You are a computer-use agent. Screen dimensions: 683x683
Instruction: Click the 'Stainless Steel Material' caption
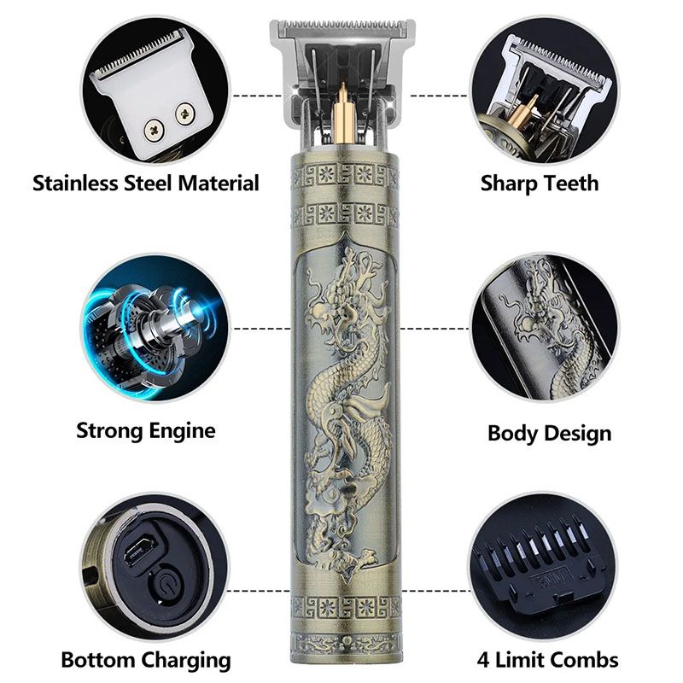coord(145,183)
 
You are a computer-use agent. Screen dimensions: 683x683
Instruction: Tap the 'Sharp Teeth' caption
coord(539,183)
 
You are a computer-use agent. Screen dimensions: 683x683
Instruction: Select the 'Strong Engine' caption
coord(145,429)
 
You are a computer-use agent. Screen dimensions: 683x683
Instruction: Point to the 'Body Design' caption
coord(549,432)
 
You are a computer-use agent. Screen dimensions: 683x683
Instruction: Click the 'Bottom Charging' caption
coord(145,659)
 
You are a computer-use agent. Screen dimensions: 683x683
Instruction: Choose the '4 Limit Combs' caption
coord(547,659)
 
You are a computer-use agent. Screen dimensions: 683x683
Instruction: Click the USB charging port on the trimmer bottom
coord(137,554)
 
